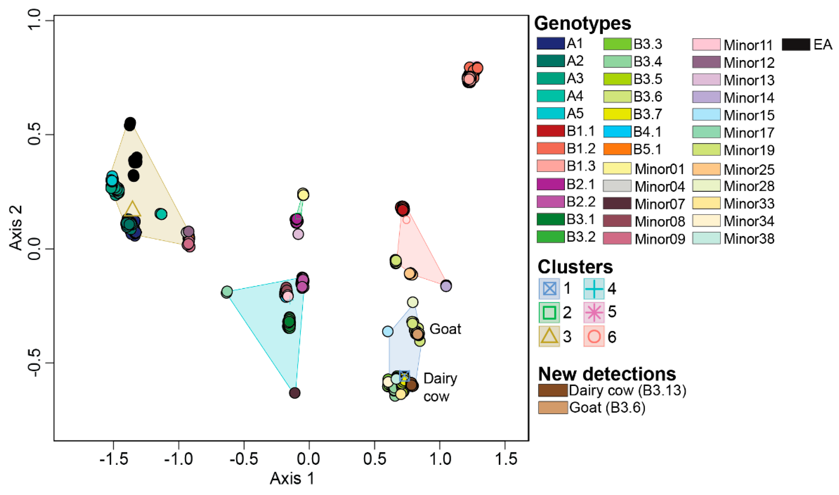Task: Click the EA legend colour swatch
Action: (x=796, y=45)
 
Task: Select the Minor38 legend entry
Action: (x=749, y=239)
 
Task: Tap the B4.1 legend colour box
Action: (x=617, y=132)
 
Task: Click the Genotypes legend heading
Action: (x=582, y=23)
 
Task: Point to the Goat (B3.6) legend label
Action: (x=607, y=408)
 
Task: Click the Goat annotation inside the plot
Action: (x=445, y=329)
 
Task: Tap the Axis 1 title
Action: (x=292, y=478)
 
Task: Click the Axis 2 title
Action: (x=16, y=228)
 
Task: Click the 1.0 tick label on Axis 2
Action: (x=34, y=20)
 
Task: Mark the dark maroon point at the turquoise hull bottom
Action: (x=294, y=393)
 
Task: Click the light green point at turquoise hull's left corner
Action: (x=227, y=292)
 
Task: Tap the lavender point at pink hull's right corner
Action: (x=446, y=286)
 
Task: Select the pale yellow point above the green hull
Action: (x=303, y=194)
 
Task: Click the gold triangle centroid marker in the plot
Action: (x=132, y=209)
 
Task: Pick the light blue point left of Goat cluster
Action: (x=388, y=331)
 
